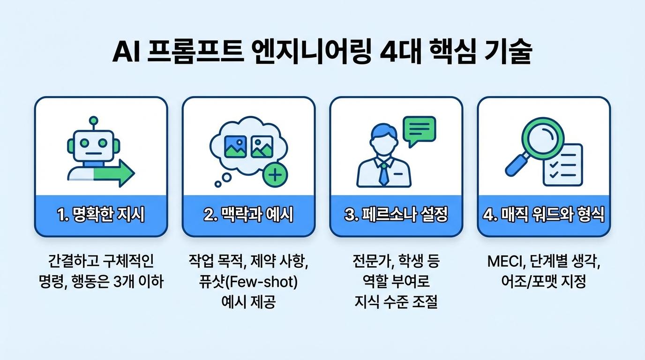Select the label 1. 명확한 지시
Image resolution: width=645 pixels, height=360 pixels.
pyautogui.click(x=101, y=215)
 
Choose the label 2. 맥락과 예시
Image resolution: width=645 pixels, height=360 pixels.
pyautogui.click(x=248, y=215)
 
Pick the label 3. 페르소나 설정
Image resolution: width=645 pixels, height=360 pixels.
pyautogui.click(x=396, y=215)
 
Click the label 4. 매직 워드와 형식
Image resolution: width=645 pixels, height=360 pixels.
pyautogui.click(x=544, y=215)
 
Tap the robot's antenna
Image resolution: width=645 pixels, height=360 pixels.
pyautogui.click(x=94, y=121)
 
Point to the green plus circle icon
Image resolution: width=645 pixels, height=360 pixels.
pyautogui.click(x=275, y=175)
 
